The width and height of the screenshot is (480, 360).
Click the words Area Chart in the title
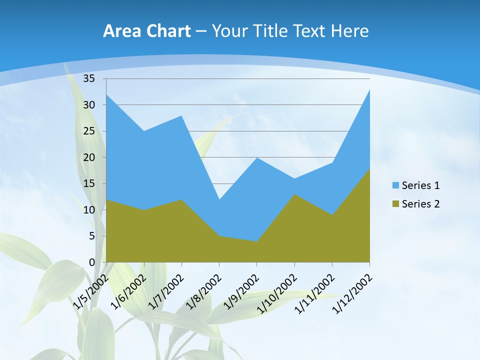pyautogui.click(x=146, y=31)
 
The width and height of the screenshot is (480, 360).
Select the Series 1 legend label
pyautogui.click(x=420, y=185)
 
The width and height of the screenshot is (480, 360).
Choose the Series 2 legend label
pyautogui.click(x=420, y=203)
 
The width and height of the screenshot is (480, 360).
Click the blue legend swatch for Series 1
pyautogui.click(x=395, y=185)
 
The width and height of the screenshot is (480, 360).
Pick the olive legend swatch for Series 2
pyautogui.click(x=395, y=203)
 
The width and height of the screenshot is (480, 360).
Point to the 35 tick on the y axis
pyautogui.click(x=89, y=78)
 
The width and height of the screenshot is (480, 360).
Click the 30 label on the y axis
pyautogui.click(x=89, y=105)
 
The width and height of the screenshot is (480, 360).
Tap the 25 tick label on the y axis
pyautogui.click(x=89, y=131)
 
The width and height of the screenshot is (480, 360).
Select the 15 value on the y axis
pyautogui.click(x=89, y=183)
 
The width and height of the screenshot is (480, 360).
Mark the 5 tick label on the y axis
pyautogui.click(x=92, y=236)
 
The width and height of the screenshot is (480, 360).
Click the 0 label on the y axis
pyautogui.click(x=92, y=262)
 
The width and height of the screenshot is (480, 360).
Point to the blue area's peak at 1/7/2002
pyautogui.click(x=181, y=116)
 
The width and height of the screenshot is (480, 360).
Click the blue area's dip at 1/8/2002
pyautogui.click(x=219, y=199)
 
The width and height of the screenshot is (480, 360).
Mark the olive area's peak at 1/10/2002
pyautogui.click(x=294, y=194)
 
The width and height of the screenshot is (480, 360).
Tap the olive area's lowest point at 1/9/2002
pyautogui.click(x=256, y=241)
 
